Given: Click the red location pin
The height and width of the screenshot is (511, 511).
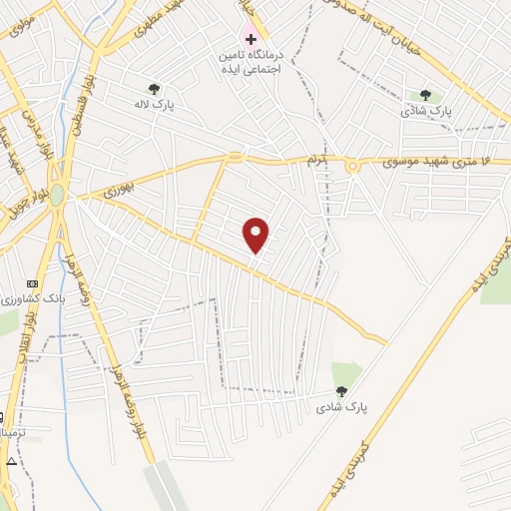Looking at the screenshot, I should click(x=256, y=235).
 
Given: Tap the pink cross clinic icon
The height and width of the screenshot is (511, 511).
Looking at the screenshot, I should click(x=251, y=39).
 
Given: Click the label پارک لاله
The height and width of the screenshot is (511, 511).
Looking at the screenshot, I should click(x=154, y=103).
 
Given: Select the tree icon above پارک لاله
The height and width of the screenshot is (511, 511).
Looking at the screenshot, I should click(x=153, y=89).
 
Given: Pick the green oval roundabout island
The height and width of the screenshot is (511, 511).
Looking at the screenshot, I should click(x=58, y=195).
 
